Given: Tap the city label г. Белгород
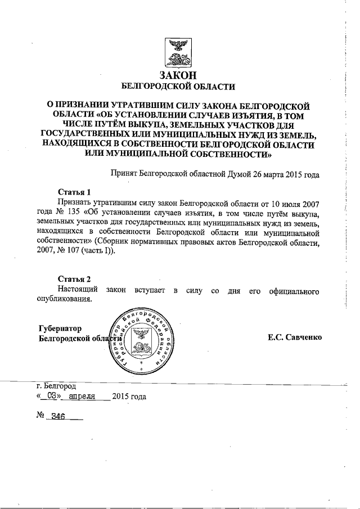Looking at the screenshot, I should [56, 386].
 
